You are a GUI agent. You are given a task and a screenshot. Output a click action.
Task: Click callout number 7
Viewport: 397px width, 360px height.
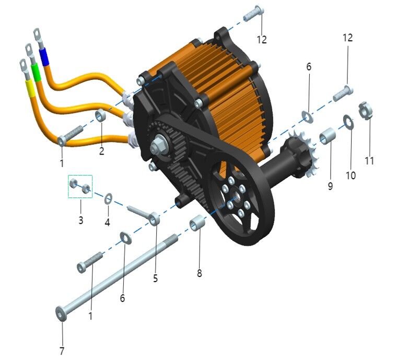[62, 351]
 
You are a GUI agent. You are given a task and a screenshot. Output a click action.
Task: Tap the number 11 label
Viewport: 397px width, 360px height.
[369, 160]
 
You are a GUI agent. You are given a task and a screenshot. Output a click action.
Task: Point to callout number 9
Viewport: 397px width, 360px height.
[330, 185]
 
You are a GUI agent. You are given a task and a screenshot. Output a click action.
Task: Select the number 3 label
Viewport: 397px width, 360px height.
[81, 220]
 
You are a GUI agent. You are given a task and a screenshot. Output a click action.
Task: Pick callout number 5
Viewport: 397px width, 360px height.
[155, 278]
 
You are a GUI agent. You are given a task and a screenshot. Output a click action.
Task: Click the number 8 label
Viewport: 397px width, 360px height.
[200, 273]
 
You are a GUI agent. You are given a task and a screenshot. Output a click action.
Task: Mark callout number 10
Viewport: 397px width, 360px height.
[351, 175]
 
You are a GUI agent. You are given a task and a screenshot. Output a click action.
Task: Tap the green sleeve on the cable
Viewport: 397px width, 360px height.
[36, 72]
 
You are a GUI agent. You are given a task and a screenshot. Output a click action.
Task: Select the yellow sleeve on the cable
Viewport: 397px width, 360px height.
[30, 89]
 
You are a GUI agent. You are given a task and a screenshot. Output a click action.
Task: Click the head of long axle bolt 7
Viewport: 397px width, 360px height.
[60, 312]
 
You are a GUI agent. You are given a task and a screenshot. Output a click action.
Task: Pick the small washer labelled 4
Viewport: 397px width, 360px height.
[109, 199]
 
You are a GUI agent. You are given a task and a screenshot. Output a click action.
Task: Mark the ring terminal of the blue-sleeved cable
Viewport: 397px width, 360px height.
[38, 34]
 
